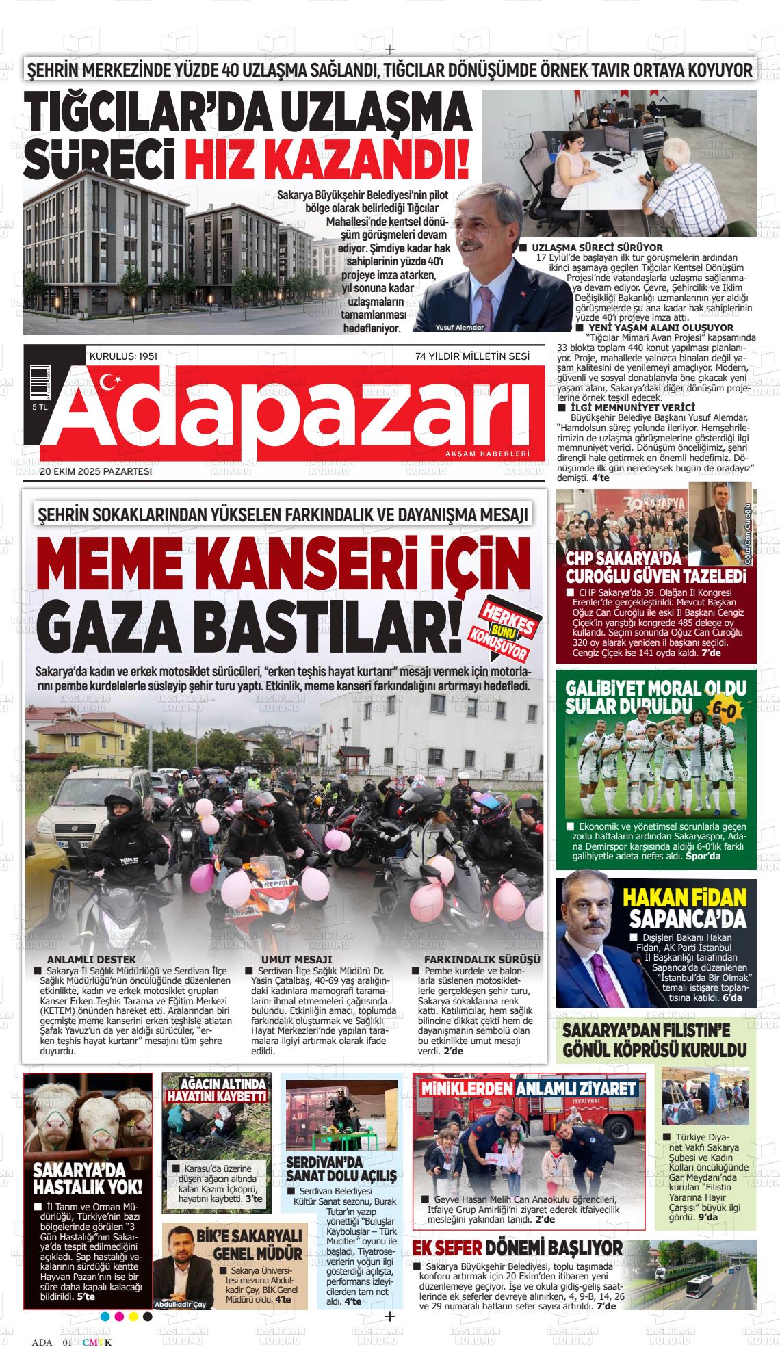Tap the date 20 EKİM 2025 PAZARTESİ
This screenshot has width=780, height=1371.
95,471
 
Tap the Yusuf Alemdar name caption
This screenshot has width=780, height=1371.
459,327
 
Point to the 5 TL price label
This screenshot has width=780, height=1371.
39,407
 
